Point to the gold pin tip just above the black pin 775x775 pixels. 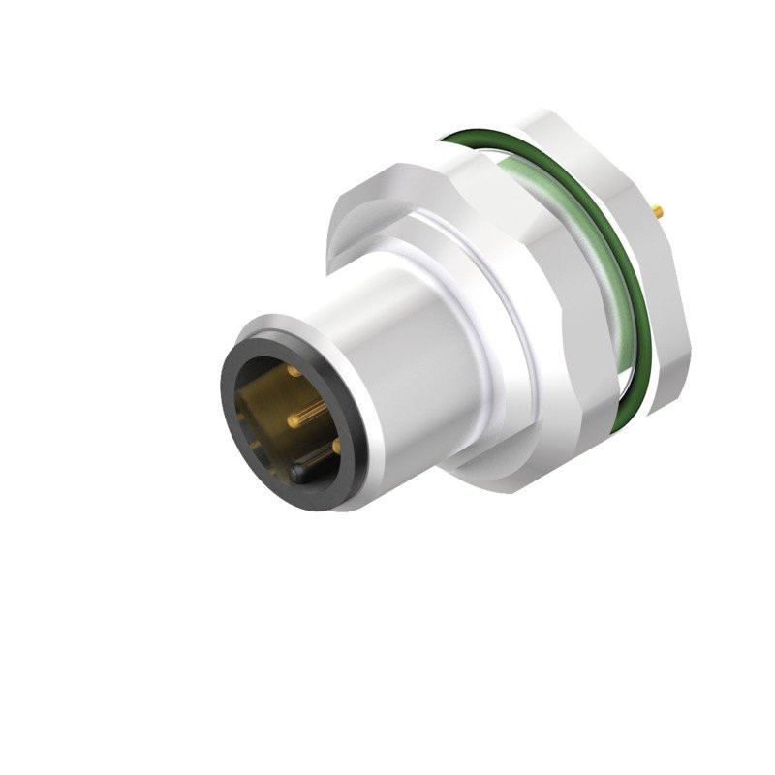click(336, 446)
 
